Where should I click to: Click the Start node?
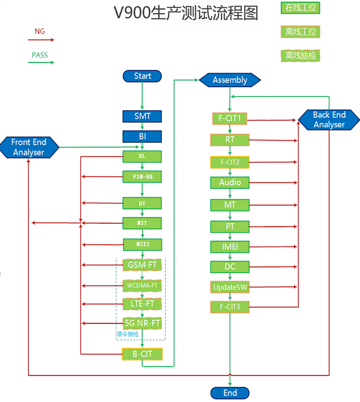pos(142,76)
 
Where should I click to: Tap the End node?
pos(230,393)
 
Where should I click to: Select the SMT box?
pos(142,116)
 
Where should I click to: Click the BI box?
pos(142,136)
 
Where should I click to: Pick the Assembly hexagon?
pos(230,80)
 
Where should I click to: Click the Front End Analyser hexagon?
pos(29,147)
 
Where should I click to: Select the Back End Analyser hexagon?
pos(329,119)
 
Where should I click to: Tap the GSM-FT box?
pos(142,265)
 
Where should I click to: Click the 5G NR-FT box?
pos(142,323)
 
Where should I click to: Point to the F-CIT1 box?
pos(230,119)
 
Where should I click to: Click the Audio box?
pos(230,182)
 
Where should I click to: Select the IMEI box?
pos(230,247)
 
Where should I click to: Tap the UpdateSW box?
pos(230,287)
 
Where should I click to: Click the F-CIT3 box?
pos(230,307)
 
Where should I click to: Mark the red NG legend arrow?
pos(41,40)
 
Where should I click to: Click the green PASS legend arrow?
pos(41,62)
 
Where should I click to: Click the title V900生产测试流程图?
pos(185,13)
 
